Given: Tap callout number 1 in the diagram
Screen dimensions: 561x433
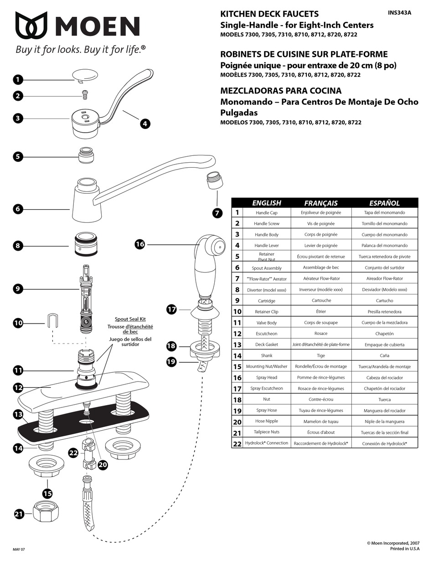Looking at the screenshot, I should (x=18, y=80).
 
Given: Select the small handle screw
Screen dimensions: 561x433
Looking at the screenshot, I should (x=84, y=94).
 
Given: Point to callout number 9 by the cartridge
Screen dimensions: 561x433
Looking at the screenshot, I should (x=18, y=288).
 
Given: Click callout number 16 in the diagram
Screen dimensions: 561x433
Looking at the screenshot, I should (x=140, y=244).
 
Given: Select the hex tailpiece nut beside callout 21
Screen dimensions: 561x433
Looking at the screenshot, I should (x=47, y=514).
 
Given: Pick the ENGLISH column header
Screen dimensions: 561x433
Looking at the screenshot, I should (x=267, y=203).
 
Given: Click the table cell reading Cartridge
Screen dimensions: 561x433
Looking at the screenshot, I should (x=267, y=301).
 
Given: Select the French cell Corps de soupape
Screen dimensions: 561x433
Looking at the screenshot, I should (x=321, y=323).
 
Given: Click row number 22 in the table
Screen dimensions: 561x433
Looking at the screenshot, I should (x=237, y=443).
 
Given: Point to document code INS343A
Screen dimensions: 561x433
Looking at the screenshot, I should (x=399, y=13).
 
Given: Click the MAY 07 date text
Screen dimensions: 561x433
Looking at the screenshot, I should (x=19, y=550).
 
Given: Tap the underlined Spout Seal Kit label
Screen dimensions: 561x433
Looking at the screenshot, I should (x=130, y=319).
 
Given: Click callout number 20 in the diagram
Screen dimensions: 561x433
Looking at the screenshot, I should (x=103, y=465).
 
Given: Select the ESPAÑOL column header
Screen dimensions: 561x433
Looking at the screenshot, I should (x=384, y=203).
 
